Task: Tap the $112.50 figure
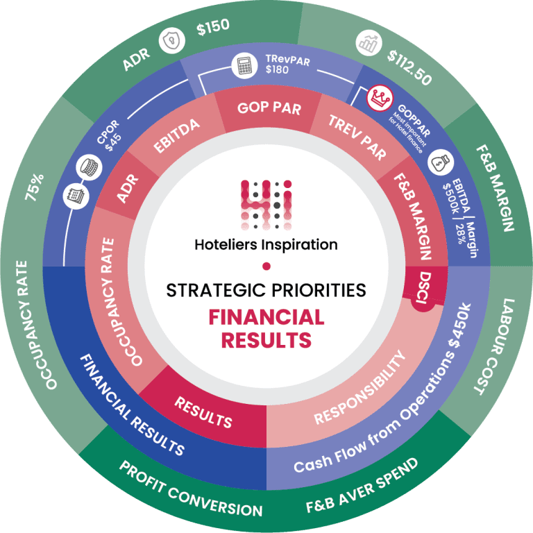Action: tap(410, 68)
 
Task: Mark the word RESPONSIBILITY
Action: tap(359, 389)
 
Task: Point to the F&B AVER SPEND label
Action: tap(362, 485)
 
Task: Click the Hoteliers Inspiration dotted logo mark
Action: tap(266, 204)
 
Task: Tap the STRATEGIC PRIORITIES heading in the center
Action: tap(266, 289)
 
